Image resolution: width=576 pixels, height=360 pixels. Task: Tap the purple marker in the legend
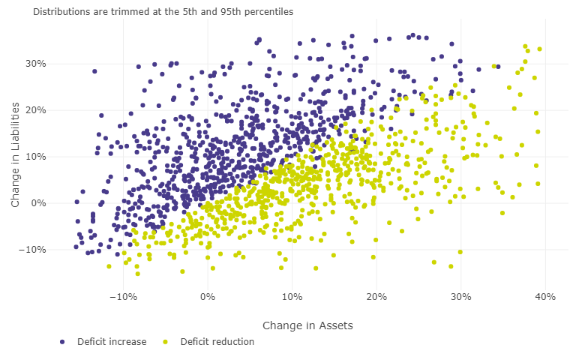(62, 342)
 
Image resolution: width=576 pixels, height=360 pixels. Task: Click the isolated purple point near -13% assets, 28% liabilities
(94, 71)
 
